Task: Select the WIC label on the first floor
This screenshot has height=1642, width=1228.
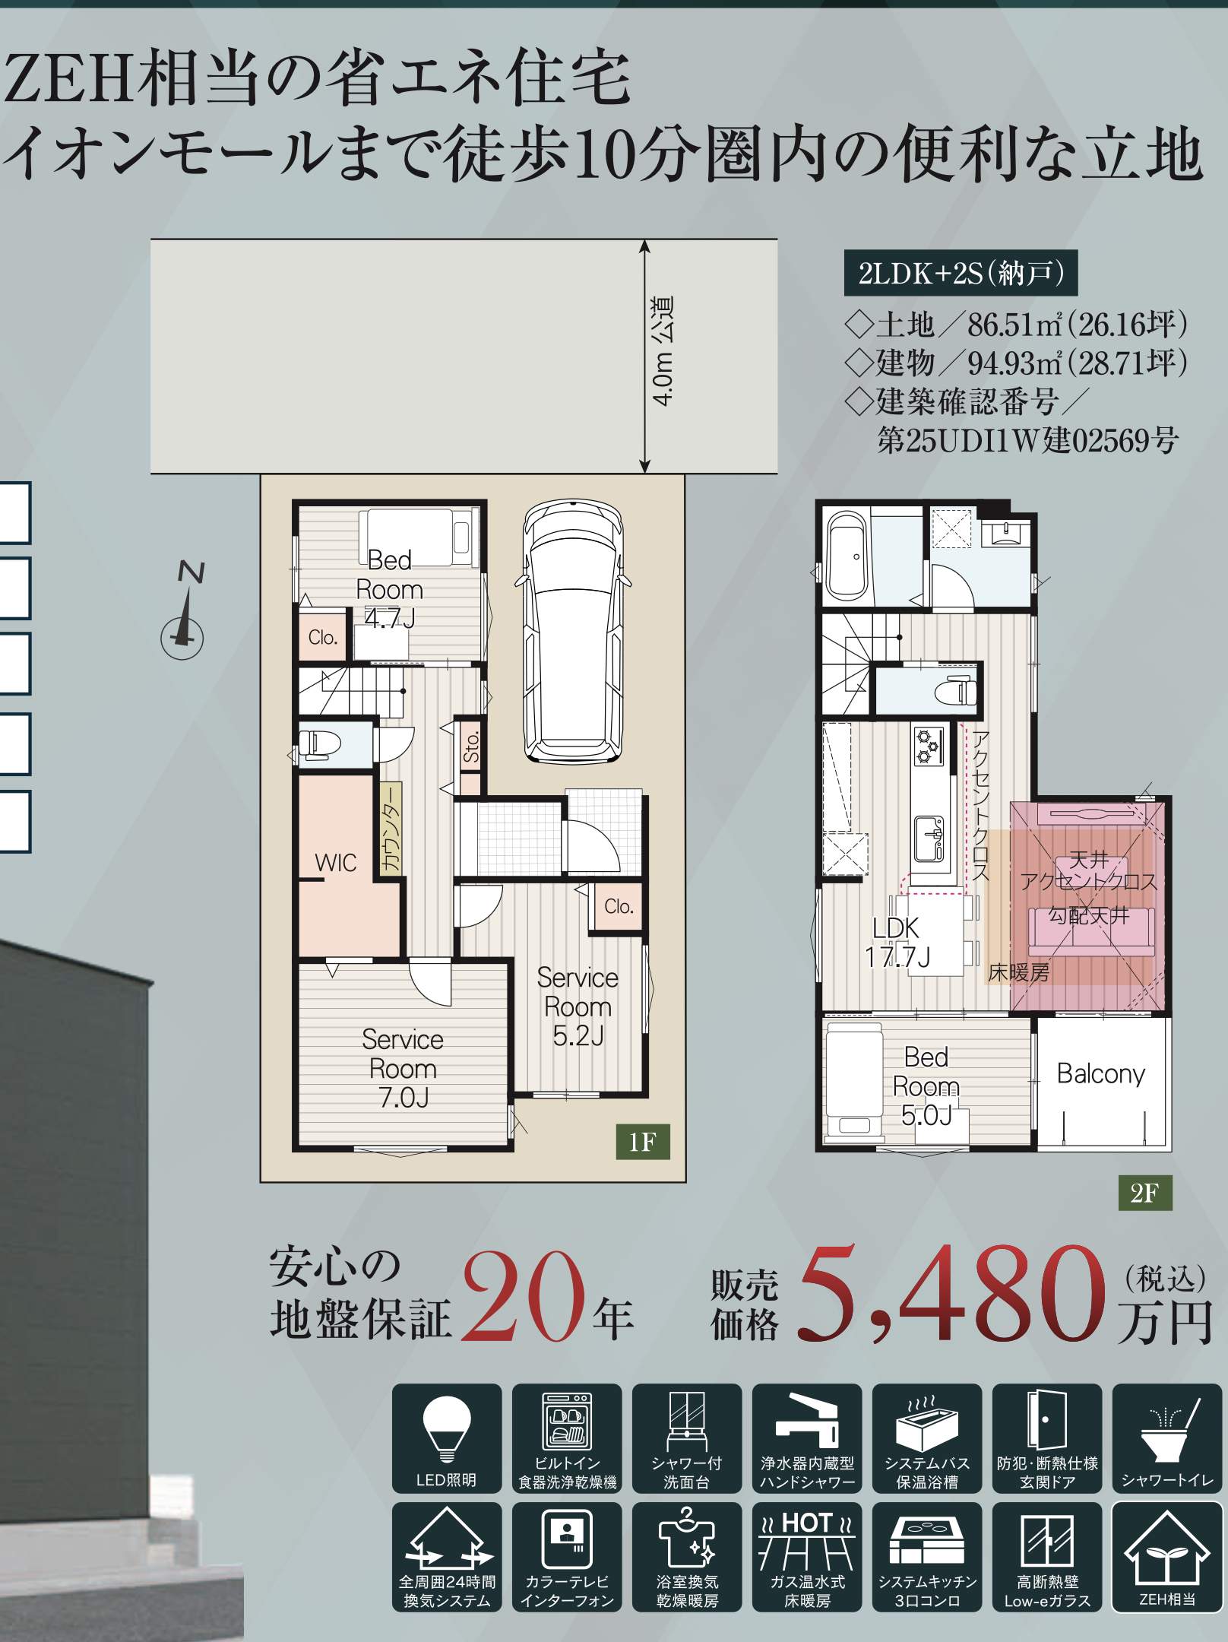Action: pyautogui.click(x=335, y=863)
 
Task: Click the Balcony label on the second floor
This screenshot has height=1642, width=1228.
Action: pyautogui.click(x=1100, y=1073)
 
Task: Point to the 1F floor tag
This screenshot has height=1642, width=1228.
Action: pyautogui.click(x=642, y=1142)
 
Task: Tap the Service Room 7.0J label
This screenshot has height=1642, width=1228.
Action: pyautogui.click(x=403, y=1069)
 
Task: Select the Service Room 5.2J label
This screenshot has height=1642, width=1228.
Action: pyautogui.click(x=578, y=1006)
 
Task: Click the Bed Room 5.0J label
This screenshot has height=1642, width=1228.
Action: pyautogui.click(x=926, y=1086)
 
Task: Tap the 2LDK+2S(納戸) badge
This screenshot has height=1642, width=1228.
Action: pyautogui.click(x=961, y=273)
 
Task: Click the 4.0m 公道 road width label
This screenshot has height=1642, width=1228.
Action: pyautogui.click(x=663, y=351)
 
